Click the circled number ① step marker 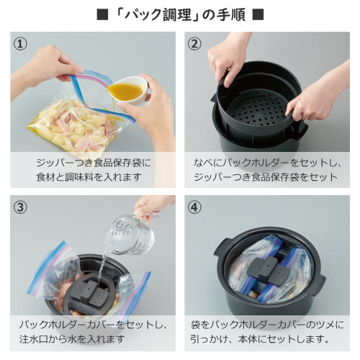20,44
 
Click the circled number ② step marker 194,44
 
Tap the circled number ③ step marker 20,207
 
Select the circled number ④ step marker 194,207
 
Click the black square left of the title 102,14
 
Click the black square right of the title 258,14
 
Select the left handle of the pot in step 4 221,248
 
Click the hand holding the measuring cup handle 151,207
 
